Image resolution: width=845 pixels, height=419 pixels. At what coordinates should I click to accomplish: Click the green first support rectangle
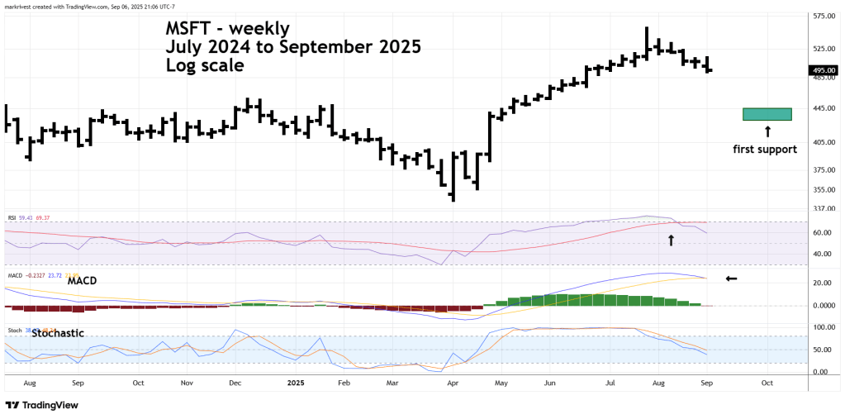point(767,114)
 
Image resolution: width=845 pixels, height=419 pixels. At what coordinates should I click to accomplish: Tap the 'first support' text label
point(765,150)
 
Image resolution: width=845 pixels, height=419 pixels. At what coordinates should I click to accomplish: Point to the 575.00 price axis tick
point(822,16)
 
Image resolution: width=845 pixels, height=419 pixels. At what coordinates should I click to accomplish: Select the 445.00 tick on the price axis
point(822,108)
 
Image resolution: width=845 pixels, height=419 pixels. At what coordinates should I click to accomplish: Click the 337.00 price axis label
point(822,208)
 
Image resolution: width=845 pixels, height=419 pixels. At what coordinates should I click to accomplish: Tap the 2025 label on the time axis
point(296,383)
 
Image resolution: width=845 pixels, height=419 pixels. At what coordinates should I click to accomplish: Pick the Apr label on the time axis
point(453,383)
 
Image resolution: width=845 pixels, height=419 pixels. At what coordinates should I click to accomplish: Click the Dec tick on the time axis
point(235,383)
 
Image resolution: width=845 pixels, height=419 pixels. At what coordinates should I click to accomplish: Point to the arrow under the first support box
point(767,131)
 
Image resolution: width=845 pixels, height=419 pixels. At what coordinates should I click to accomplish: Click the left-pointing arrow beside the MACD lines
point(731,278)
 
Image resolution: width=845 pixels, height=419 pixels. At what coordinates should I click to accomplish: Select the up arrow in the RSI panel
point(671,240)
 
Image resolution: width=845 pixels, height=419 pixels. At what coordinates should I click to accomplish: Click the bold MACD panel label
point(83,281)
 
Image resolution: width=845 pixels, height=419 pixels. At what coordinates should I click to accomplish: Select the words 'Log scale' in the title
point(205,65)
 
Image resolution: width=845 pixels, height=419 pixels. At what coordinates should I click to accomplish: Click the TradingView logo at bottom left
point(41,406)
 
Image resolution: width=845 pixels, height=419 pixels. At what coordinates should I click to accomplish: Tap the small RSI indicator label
point(12,219)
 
